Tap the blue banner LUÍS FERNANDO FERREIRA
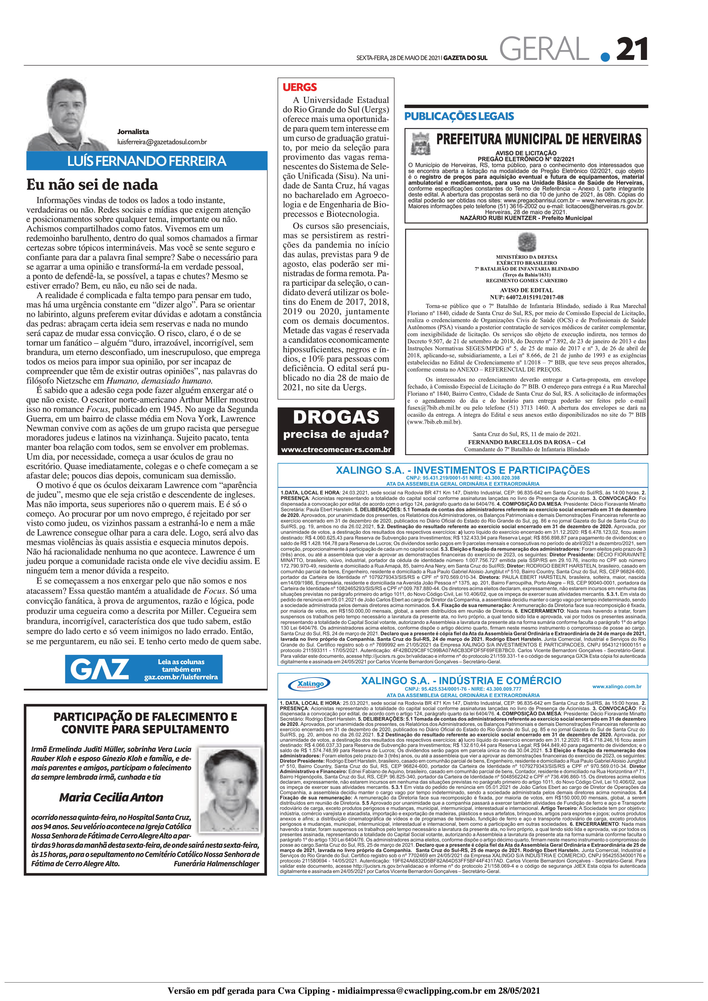pyautogui.click(x=147, y=161)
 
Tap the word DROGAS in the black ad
pyautogui.click(x=336, y=417)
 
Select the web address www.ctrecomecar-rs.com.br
pyautogui.click(x=336, y=449)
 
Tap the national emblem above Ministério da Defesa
pyautogui.click(x=526, y=242)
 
